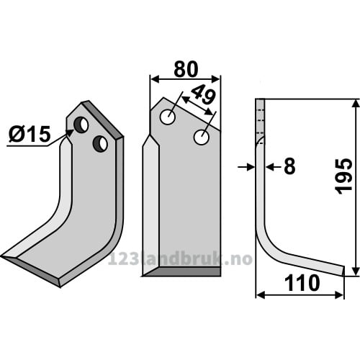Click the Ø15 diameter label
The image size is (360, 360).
tap(30, 134)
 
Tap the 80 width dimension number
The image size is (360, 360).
tap(186, 69)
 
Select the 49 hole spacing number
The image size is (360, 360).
tap(204, 95)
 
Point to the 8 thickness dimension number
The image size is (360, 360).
tap(289, 166)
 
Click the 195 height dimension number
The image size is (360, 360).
tap(344, 176)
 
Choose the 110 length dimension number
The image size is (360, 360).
tap(302, 283)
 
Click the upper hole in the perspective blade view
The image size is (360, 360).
tap(81, 125)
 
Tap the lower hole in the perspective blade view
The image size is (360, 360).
tap(100, 143)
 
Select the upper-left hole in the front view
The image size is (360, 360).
tap(168, 117)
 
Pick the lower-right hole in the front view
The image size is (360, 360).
tap(202, 138)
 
